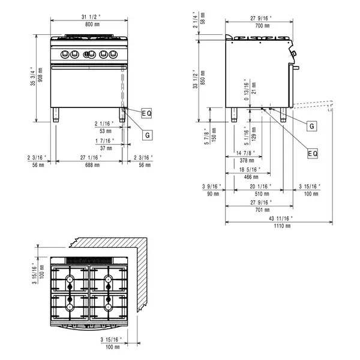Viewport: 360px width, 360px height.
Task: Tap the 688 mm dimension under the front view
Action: (89, 164)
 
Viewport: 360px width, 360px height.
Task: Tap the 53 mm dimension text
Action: (106, 130)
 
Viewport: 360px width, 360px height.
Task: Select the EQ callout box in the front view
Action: (147, 113)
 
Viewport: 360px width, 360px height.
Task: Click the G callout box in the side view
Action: (311, 127)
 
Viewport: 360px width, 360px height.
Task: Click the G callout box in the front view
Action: (146, 136)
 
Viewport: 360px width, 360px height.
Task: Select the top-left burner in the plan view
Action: (70, 280)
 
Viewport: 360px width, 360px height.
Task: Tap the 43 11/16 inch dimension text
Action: (278, 218)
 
